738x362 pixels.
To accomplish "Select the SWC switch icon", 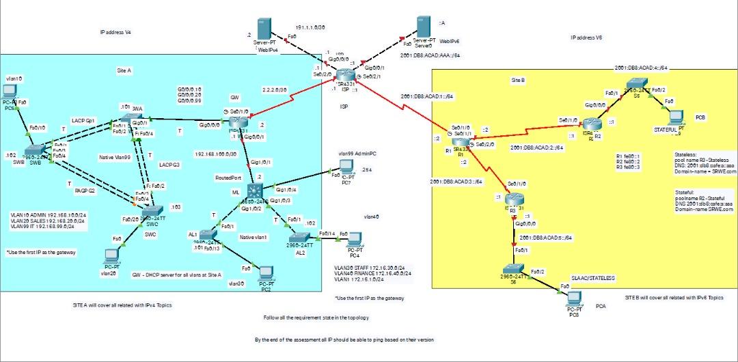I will click(x=152, y=210).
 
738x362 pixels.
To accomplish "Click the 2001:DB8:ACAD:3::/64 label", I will click(x=456, y=182).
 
